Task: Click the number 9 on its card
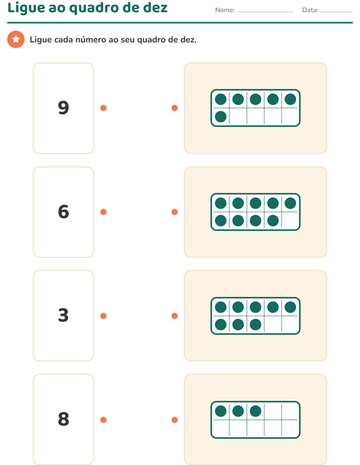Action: [64, 107]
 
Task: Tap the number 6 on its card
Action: [64, 211]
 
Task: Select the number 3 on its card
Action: [64, 315]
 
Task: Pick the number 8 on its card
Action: [64, 419]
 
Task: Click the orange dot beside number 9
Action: [103, 108]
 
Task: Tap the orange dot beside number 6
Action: [103, 211]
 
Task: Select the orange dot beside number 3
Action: [103, 316]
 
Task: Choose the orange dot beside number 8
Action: [103, 420]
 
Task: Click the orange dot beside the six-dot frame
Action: [175, 108]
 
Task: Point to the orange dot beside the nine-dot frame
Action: [175, 211]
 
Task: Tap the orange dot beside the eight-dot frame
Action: [175, 316]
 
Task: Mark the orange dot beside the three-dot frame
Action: [175, 420]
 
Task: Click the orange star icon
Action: [16, 39]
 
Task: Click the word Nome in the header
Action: [224, 10]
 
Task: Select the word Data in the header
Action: [310, 10]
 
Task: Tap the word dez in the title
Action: [155, 7]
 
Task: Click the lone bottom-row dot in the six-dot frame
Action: [220, 116]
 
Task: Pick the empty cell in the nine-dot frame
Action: [290, 220]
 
